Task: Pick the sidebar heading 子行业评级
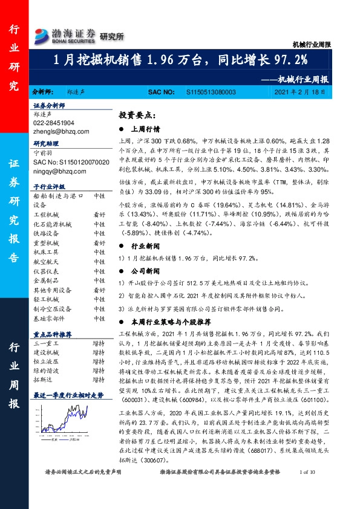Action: (x=48, y=187)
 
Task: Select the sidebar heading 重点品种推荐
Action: (x=53, y=334)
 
